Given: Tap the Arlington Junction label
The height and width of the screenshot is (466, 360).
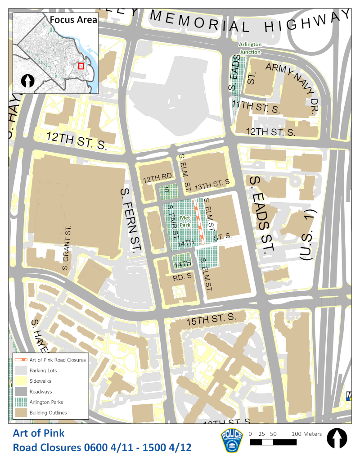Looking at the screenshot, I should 250,49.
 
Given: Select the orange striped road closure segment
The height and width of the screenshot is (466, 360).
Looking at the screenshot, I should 199,222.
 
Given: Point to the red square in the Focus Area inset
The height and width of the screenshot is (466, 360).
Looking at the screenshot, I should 81,66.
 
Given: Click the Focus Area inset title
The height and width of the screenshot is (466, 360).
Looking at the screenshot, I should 73,19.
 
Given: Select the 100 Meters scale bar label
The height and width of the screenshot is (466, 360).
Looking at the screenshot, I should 306,434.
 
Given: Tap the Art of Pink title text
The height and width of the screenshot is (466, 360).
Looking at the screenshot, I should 38,434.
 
